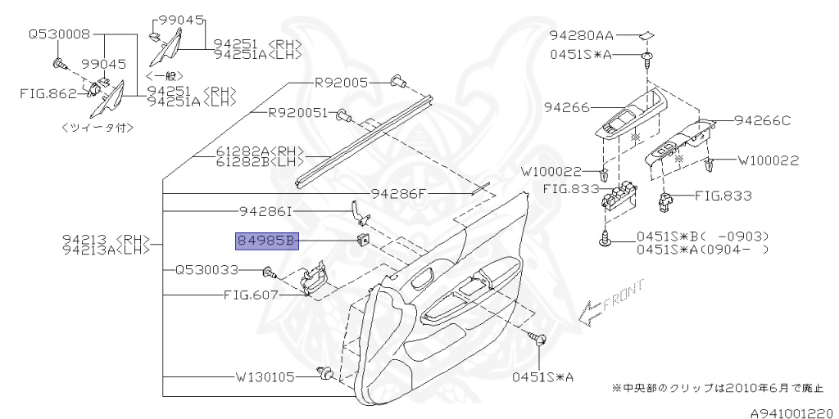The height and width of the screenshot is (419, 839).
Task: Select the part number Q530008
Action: point(60,35)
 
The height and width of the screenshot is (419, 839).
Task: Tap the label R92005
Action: point(341,83)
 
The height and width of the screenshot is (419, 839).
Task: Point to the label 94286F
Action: point(399,194)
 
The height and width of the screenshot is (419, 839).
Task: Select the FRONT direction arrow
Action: point(587,312)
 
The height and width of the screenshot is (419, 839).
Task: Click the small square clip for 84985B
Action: point(361,240)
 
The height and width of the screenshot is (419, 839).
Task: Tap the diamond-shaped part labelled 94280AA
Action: point(646,35)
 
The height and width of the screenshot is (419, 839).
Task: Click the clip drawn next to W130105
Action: point(326,375)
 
